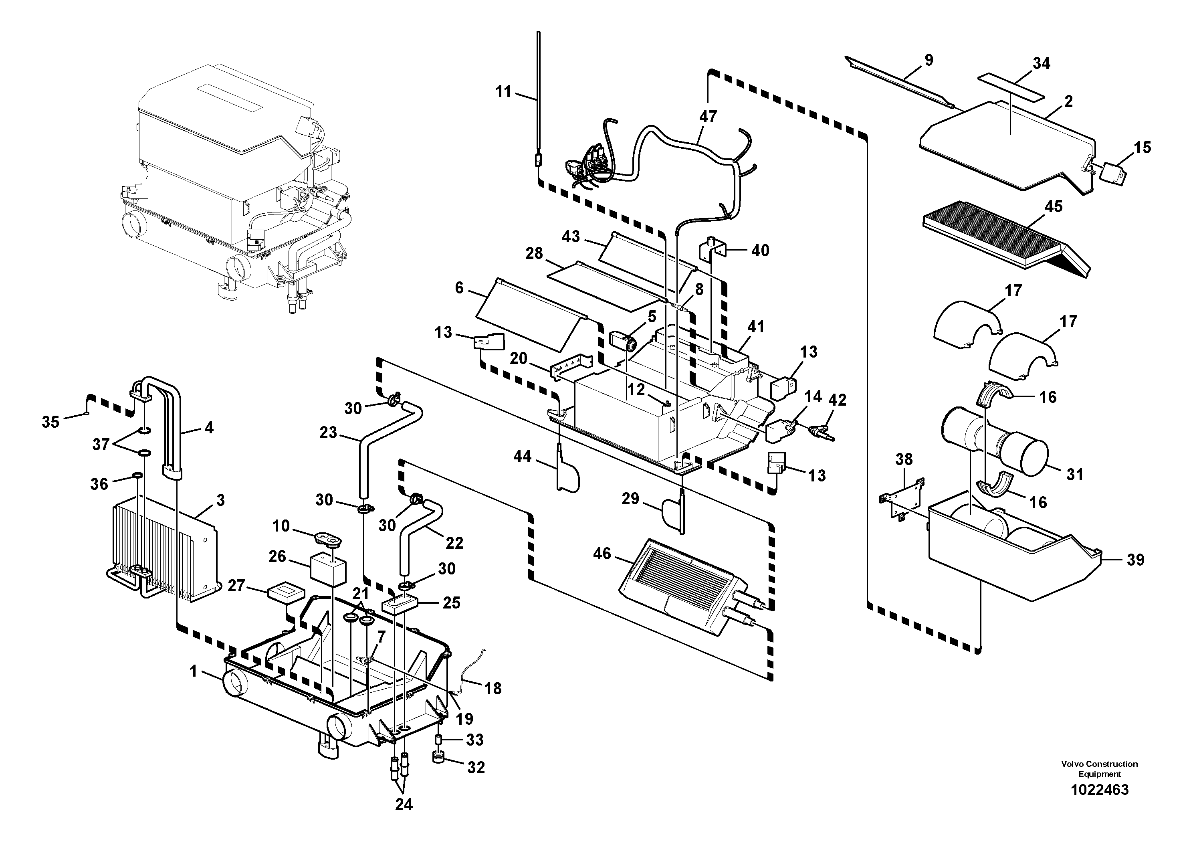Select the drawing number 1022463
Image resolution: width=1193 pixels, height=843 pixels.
pyautogui.click(x=1099, y=790)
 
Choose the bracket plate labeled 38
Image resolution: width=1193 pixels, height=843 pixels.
pyautogui.click(x=902, y=499)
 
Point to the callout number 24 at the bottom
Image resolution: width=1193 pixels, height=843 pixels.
pyautogui.click(x=404, y=805)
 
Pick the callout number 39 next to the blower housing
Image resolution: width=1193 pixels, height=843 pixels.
pyautogui.click(x=1135, y=560)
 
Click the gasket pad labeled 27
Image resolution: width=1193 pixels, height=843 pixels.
pyautogui.click(x=285, y=593)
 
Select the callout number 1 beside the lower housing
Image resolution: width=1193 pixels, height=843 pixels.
pyautogui.click(x=193, y=672)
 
